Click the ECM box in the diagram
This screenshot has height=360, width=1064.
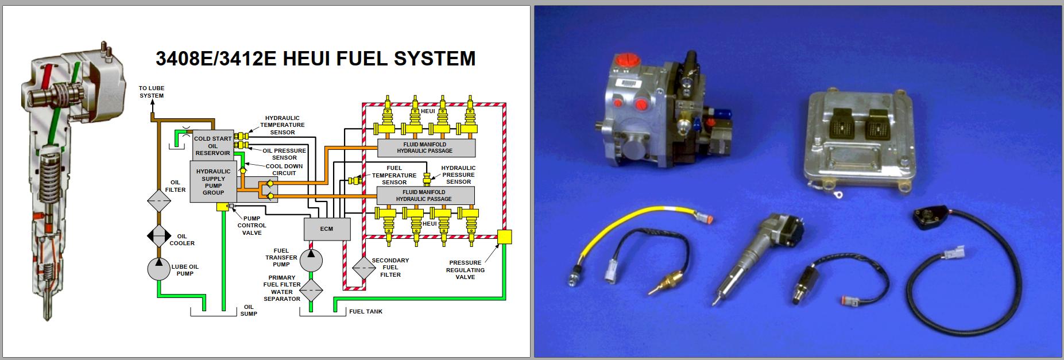326,229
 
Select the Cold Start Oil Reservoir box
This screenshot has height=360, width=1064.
212,146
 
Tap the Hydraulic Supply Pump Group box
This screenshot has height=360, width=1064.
213,181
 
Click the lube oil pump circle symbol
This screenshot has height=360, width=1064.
159,269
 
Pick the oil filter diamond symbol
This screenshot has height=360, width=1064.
159,201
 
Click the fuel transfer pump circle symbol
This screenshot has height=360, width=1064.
311,257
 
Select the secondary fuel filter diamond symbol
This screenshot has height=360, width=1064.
363,268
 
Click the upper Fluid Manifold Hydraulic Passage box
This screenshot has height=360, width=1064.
425,148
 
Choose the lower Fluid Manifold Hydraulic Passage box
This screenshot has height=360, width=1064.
425,195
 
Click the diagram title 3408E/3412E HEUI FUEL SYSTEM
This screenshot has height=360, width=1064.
315,59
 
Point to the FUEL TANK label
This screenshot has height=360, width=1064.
365,312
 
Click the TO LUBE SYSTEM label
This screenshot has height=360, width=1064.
152,92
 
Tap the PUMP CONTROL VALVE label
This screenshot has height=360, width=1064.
252,226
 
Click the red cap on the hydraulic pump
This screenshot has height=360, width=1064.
624,60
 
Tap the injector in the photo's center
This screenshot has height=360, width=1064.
758,253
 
